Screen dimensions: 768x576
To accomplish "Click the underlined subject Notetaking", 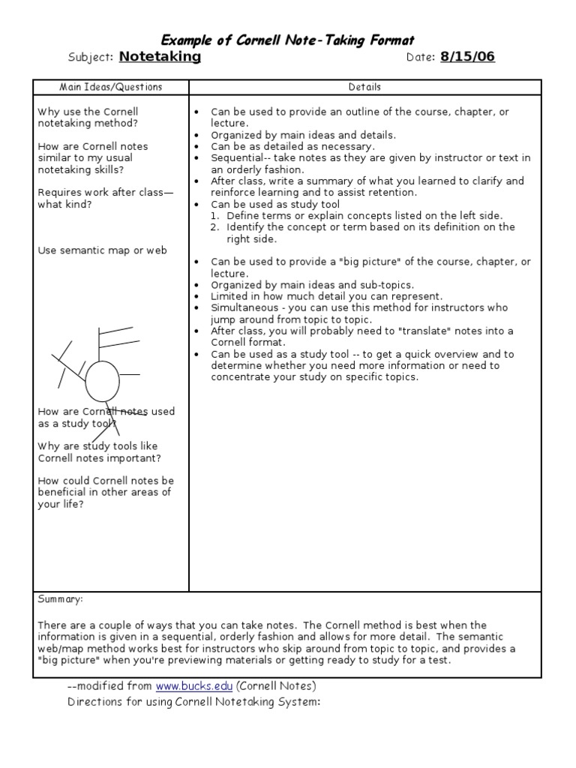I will point(160,57).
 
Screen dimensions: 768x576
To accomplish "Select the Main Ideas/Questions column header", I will point(110,87).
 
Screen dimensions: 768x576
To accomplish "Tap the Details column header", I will point(364,87).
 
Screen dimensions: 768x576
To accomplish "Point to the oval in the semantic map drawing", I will point(102,381).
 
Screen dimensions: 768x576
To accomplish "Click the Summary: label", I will point(60,600).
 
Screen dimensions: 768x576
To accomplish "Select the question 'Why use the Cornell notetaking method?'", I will point(88,118).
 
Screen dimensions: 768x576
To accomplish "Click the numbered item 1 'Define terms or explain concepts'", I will point(364,215).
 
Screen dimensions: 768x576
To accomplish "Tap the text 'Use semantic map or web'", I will point(102,250).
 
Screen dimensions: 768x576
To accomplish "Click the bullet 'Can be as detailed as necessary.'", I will point(292,146).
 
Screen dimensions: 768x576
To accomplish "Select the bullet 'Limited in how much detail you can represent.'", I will point(326,296).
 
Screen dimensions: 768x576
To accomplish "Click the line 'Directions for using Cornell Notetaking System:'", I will point(193,702).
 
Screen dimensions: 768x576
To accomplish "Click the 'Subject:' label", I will point(90,58).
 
